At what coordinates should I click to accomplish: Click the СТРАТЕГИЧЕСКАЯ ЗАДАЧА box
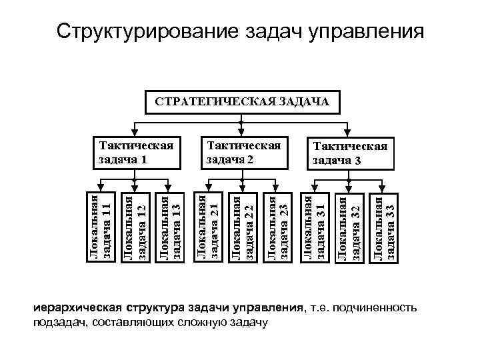click(x=243, y=102)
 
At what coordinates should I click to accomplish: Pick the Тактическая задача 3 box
click(x=350, y=154)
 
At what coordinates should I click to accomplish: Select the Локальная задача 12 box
click(x=135, y=227)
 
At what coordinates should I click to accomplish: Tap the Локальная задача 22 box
click(x=243, y=227)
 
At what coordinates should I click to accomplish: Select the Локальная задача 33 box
click(x=385, y=227)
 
